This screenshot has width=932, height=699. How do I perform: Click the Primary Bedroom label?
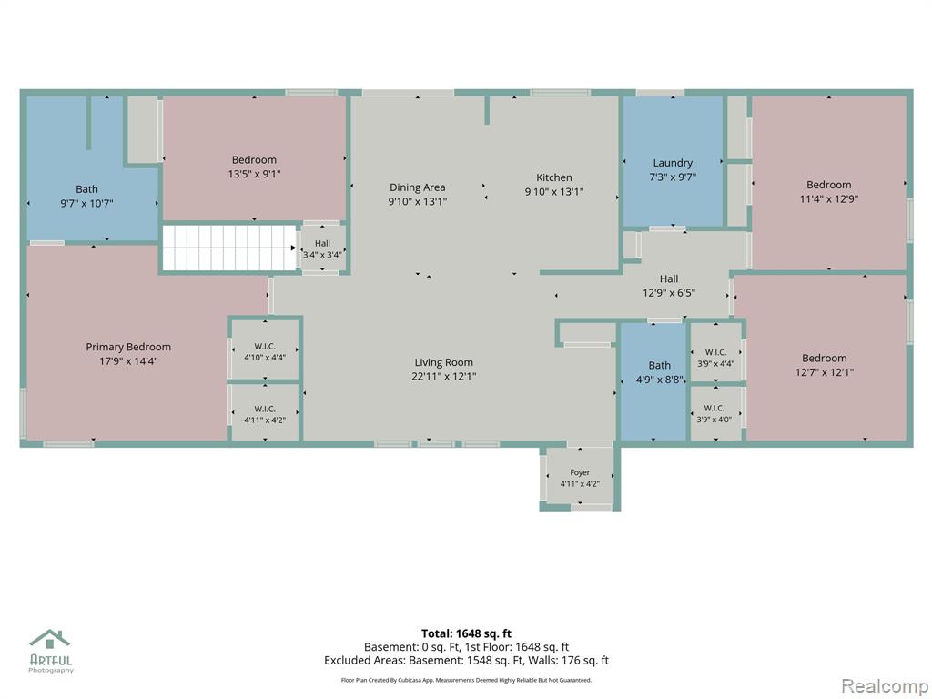128,347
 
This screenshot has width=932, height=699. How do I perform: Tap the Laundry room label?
673,163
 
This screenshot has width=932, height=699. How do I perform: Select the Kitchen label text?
554,177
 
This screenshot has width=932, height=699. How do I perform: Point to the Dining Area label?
417,187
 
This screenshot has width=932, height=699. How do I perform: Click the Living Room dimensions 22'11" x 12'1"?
444,376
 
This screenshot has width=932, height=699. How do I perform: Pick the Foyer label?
580,472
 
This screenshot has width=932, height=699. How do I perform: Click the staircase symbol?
229,248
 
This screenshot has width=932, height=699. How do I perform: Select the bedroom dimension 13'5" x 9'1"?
255,174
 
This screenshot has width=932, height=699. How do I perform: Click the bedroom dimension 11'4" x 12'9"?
828,199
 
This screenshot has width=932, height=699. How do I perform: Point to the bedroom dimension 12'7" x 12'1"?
825,372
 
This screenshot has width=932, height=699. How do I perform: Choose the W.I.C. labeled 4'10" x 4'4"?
265,347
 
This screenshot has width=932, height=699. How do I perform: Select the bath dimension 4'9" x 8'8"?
660,380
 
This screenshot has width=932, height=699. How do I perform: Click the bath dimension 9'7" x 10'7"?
86,204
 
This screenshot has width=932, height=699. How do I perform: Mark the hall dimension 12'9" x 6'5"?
669,293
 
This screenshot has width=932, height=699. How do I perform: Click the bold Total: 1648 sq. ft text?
466,633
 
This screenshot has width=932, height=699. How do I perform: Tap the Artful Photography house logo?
50,639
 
